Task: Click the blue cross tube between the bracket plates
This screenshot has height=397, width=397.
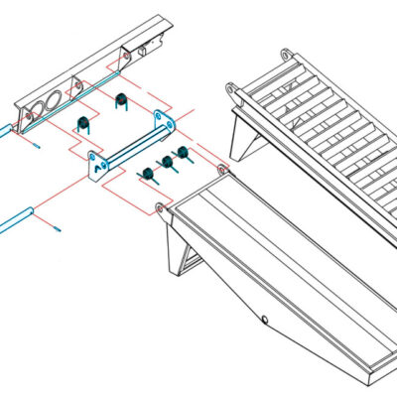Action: click(134, 146)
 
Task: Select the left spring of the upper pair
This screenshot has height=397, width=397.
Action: click(84, 123)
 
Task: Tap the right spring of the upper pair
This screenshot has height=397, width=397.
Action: click(122, 99)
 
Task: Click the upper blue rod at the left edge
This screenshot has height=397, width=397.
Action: click(8, 130)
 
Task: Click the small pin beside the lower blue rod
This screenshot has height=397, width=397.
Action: click(58, 231)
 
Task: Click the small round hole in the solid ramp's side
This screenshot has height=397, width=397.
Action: click(265, 320)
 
